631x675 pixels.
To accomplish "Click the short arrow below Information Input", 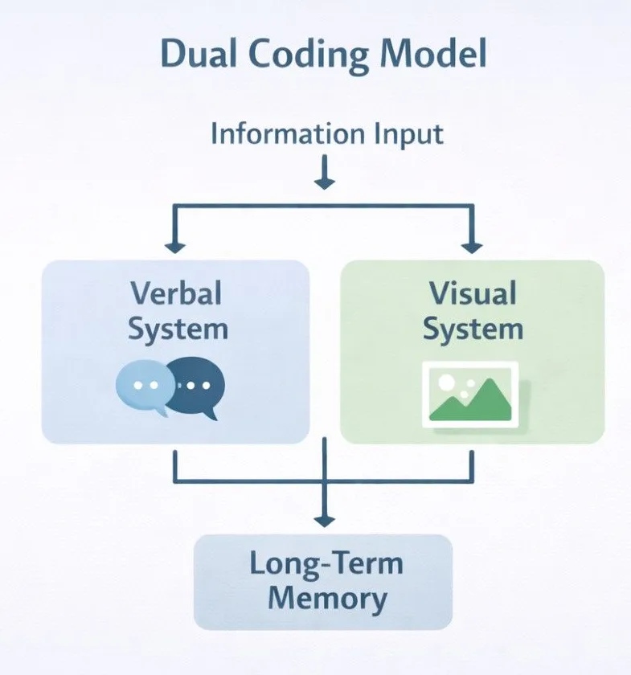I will [324, 174].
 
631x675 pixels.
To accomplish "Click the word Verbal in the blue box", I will [175, 293].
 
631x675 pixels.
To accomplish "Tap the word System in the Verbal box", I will [178, 329].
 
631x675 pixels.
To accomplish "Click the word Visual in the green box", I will [472, 293].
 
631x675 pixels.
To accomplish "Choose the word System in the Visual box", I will [473, 329].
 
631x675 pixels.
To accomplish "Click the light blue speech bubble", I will [142, 387].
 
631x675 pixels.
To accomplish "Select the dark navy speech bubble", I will [197, 387].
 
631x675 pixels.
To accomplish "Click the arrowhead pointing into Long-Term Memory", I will [324, 518].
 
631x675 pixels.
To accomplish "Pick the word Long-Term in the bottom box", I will [326, 563].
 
